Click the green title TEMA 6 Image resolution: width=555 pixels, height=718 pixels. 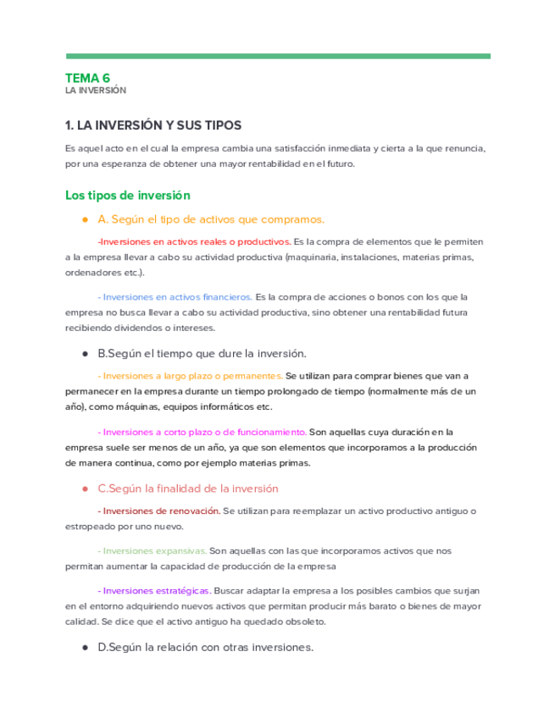click(x=87, y=78)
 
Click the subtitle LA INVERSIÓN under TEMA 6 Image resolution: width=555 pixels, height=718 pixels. click(x=95, y=90)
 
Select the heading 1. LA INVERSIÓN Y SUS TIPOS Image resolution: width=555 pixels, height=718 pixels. click(x=153, y=125)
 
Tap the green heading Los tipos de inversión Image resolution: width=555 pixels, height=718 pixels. click(x=127, y=196)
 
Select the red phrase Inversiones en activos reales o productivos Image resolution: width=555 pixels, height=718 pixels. click(x=195, y=241)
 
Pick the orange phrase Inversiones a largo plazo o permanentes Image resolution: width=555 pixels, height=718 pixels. click(x=191, y=375)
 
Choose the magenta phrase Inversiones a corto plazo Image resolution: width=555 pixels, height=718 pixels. click(x=202, y=432)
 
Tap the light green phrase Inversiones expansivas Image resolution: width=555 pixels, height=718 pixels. click(x=153, y=550)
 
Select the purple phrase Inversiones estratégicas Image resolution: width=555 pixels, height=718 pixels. click(x=155, y=590)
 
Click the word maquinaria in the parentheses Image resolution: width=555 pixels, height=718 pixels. click(x=311, y=257)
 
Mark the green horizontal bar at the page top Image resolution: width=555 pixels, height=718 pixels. click(x=277, y=56)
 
